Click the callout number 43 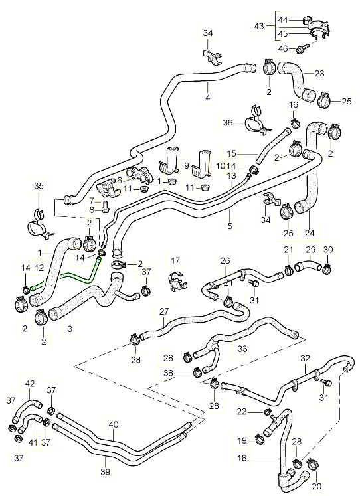[x=259, y=26]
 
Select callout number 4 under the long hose [x=207, y=98]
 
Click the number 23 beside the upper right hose [x=319, y=74]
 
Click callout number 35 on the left [x=39, y=186]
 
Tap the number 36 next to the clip [x=228, y=122]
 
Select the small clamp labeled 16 [x=296, y=123]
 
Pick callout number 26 [x=225, y=261]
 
